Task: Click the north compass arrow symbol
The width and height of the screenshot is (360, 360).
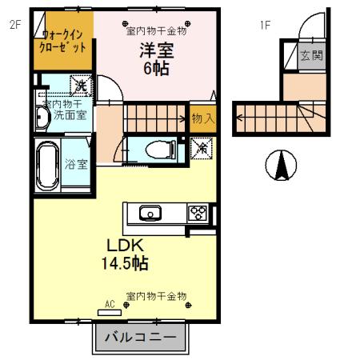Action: pyautogui.click(x=281, y=166)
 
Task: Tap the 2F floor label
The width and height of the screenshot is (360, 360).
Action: pyautogui.click(x=15, y=25)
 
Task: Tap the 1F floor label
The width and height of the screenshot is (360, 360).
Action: pyautogui.click(x=265, y=25)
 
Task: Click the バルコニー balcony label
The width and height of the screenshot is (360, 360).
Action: pyautogui.click(x=140, y=337)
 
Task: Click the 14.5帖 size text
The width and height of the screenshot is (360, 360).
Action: pyautogui.click(x=124, y=262)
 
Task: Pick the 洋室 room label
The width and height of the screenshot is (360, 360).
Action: pyautogui.click(x=157, y=50)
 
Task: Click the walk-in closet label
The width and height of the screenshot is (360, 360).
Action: pyautogui.click(x=64, y=41)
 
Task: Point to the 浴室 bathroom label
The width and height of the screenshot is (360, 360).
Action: pyautogui.click(x=76, y=166)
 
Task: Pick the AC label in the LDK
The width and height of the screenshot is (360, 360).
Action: pyautogui.click(x=110, y=304)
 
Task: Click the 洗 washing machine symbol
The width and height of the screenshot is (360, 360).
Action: pyautogui.click(x=81, y=84)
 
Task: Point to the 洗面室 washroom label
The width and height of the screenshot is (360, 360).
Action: pyautogui.click(x=66, y=117)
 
